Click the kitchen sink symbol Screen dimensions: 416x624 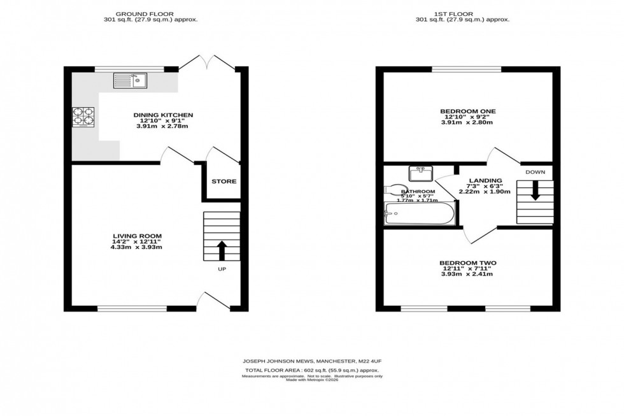point(131,80)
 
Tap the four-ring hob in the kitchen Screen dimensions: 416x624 point(84,117)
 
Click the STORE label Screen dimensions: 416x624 point(223,182)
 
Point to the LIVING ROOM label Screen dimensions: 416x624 point(137,236)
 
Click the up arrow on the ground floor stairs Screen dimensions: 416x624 point(222,250)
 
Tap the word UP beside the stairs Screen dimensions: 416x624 point(222,269)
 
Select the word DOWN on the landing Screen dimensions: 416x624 point(535,172)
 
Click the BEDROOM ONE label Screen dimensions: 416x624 point(468,111)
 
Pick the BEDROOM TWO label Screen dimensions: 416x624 point(468,263)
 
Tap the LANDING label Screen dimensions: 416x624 point(486,181)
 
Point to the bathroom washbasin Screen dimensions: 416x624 point(421,173)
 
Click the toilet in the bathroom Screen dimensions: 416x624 point(395,189)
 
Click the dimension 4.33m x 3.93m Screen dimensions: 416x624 point(137,247)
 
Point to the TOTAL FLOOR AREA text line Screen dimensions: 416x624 point(311,370)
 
